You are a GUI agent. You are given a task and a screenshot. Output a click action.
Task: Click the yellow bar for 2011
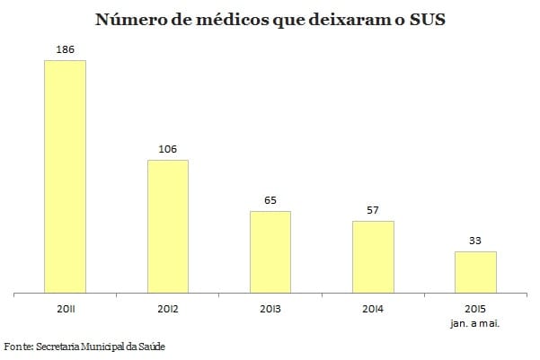click(x=66, y=176)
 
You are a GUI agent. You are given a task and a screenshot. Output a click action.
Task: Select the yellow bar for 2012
click(x=168, y=226)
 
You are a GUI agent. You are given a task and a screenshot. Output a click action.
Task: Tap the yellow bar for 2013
click(x=270, y=251)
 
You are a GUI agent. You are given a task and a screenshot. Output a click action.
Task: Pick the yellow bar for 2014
click(x=373, y=257)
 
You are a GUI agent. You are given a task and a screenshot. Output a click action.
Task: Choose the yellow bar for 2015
click(x=475, y=272)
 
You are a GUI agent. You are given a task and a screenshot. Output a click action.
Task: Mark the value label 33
click(x=475, y=241)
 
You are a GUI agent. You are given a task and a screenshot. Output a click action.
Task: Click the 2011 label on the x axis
click(x=66, y=309)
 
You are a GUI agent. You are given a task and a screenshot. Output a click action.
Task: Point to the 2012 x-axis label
click(x=168, y=309)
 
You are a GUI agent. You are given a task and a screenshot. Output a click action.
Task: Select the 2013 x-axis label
click(x=270, y=309)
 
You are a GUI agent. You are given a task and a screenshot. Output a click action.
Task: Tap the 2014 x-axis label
click(x=373, y=309)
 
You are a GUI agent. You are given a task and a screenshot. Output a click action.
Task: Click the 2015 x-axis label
click(x=475, y=309)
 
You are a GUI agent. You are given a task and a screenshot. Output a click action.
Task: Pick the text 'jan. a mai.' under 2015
click(x=475, y=322)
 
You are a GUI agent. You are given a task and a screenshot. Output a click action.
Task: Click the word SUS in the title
click(x=424, y=20)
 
